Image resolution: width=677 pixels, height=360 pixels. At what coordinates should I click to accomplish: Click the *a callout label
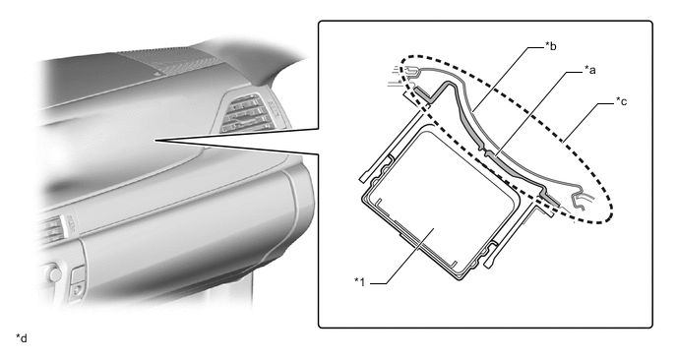click(x=589, y=69)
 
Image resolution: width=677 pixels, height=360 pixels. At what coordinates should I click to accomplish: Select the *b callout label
click(x=550, y=45)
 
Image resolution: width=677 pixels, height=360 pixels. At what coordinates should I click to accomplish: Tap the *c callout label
click(x=621, y=101)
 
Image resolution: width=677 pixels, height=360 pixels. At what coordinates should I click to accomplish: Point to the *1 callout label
click(x=360, y=282)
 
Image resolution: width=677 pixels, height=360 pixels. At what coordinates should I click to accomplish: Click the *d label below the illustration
click(x=22, y=338)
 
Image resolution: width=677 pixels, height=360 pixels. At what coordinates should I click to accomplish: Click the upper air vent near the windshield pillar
click(x=247, y=112)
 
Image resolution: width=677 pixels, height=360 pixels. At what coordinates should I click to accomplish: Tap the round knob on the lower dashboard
click(x=54, y=273)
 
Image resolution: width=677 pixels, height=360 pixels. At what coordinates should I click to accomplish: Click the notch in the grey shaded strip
click(x=488, y=152)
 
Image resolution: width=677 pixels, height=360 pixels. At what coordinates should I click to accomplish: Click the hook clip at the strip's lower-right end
click(x=579, y=201)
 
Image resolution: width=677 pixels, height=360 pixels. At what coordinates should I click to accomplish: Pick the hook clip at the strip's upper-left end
click(x=410, y=69)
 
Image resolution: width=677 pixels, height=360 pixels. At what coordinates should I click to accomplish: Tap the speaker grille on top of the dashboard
click(x=168, y=62)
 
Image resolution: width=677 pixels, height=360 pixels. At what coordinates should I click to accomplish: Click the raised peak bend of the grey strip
click(x=446, y=83)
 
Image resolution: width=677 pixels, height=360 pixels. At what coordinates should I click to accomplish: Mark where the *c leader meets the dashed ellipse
click(x=563, y=141)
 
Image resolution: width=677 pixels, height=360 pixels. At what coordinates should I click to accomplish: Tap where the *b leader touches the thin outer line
click(x=473, y=111)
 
